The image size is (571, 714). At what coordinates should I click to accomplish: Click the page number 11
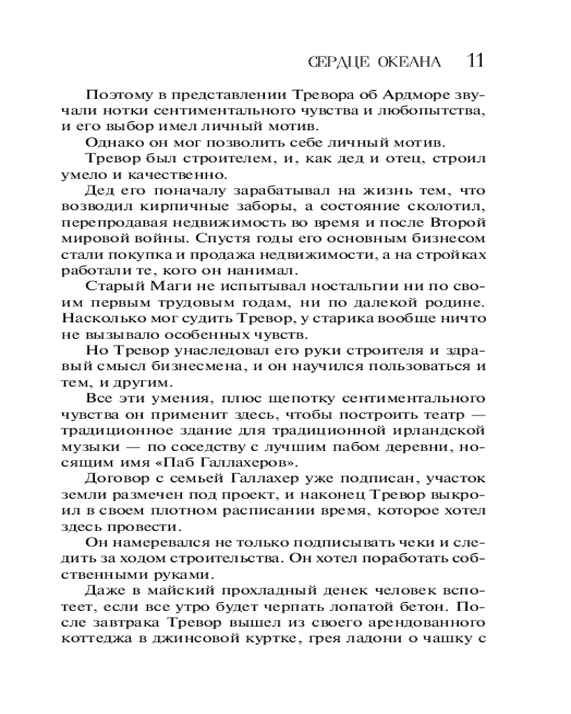pyautogui.click(x=475, y=59)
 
